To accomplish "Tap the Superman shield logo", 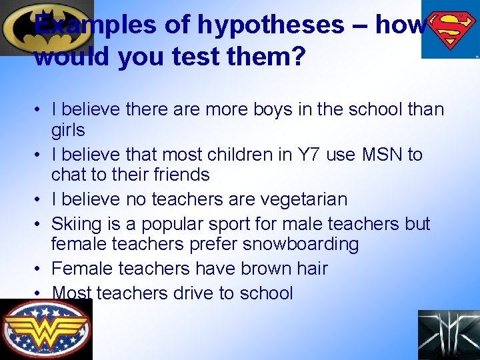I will tap(451, 30).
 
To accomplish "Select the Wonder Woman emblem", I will tap(45, 329).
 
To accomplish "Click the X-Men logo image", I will tap(448, 335).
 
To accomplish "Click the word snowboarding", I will tap(301, 243).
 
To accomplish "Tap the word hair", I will tap(309, 268).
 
